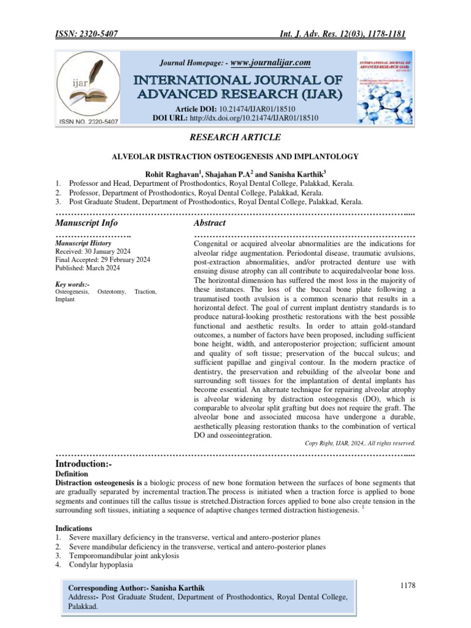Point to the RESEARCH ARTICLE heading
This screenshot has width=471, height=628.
[235, 138]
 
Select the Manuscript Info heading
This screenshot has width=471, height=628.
[86, 223]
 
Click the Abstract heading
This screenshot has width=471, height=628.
[210, 223]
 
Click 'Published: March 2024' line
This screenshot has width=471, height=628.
[88, 267]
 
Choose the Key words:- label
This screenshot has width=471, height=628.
[72, 284]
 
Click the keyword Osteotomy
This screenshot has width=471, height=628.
[112, 292]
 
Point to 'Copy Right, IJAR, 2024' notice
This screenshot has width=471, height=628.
[360, 442]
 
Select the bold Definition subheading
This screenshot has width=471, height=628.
[72, 474]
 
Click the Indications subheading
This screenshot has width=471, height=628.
[74, 527]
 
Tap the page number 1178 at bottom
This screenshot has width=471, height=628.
[406, 586]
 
